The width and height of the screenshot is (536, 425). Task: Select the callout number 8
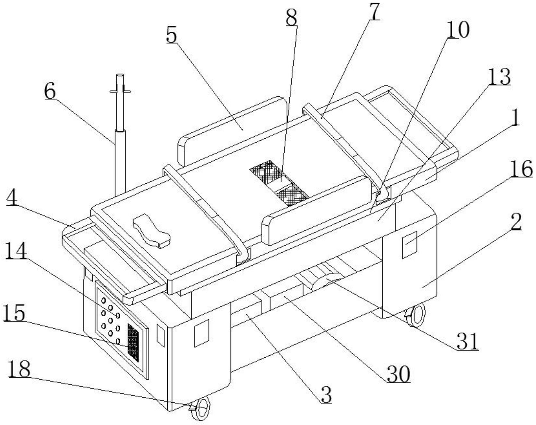click(291, 18)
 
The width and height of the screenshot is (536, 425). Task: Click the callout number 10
click(458, 30)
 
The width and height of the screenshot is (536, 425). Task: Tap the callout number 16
click(522, 170)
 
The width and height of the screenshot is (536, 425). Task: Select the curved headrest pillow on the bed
click(152, 230)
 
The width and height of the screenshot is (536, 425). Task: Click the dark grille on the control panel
click(133, 343)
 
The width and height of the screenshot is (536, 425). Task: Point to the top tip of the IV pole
click(120, 76)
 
